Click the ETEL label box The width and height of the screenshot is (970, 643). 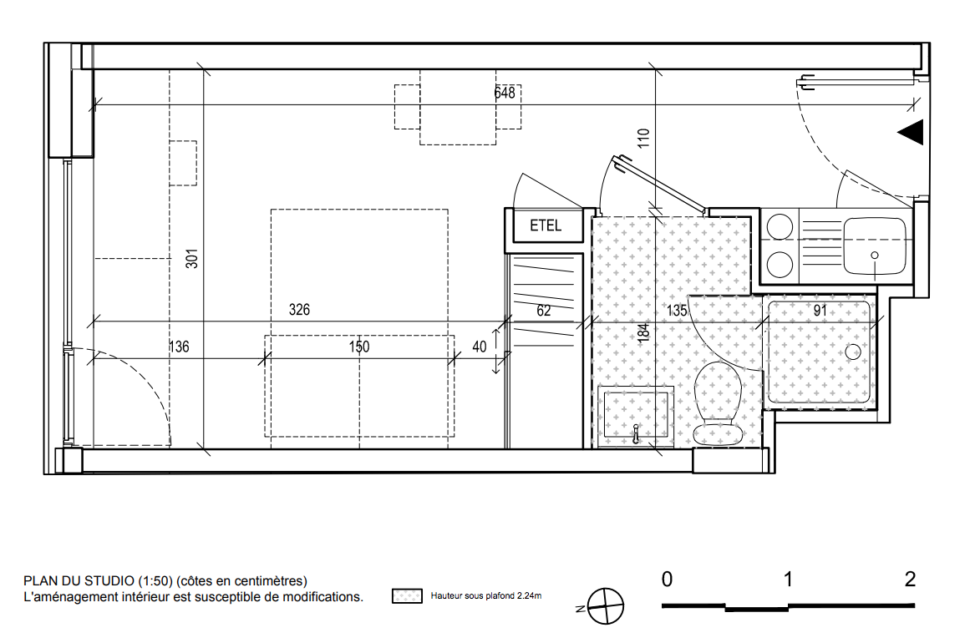[548, 225]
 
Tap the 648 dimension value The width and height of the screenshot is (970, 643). [505, 93]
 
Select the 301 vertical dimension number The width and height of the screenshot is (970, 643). [192, 258]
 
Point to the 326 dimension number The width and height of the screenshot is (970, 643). [299, 310]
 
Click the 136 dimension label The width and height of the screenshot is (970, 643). [179, 347]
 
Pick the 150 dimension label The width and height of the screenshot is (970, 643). [358, 347]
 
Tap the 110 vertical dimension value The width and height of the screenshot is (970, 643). [644, 138]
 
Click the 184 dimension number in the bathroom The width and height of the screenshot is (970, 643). [644, 332]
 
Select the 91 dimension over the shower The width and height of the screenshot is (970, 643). [820, 311]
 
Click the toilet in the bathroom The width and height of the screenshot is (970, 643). [718, 403]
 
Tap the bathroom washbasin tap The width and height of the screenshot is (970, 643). [636, 434]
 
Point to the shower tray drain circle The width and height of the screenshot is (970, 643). [853, 352]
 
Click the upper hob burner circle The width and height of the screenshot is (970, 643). [780, 227]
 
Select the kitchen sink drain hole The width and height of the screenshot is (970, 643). [875, 256]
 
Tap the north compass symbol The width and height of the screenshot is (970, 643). [604, 606]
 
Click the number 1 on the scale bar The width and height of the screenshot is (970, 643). [788, 580]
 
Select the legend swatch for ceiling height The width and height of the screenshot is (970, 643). [407, 596]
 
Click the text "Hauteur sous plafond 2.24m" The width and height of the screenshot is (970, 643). [486, 596]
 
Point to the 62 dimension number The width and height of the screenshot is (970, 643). [544, 311]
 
